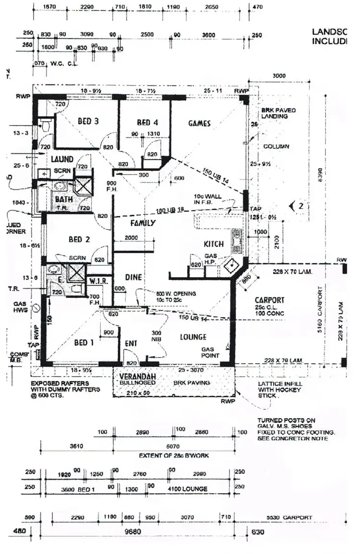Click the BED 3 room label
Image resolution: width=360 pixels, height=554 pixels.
[x=88, y=121]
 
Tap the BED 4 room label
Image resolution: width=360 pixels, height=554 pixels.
[x=147, y=122]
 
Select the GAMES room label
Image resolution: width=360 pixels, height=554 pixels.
[x=199, y=123]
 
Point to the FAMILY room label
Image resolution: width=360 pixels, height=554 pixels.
[x=143, y=223]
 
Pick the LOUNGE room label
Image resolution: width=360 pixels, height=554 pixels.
[x=193, y=337]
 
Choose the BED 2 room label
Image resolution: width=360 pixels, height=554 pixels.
[x=80, y=239]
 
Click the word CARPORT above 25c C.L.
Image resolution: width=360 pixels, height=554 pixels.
[x=269, y=300]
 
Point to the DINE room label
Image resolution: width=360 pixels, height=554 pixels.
[x=133, y=277]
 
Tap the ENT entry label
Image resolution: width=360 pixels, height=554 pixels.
[x=131, y=343]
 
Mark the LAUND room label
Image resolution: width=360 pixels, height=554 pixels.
[x=62, y=159]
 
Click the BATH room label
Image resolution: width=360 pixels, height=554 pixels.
[x=63, y=199]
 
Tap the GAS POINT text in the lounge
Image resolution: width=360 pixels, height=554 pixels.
[x=210, y=353]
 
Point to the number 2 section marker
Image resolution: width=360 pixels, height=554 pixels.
[x=300, y=206]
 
